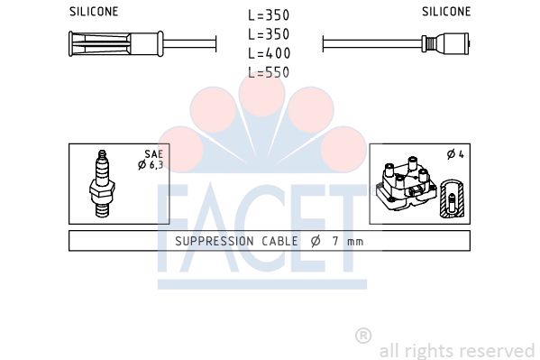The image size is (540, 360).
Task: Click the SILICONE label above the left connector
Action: pyautogui.click(x=94, y=12)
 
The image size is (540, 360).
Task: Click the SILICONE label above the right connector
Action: pyautogui.click(x=446, y=12)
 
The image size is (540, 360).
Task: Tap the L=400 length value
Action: pyautogui.click(x=269, y=53)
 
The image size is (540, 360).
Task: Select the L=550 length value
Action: pyautogui.click(x=269, y=72)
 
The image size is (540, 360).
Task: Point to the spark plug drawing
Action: pyautogui.click(x=102, y=183)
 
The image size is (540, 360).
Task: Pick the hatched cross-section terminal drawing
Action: pyautogui.click(x=453, y=198)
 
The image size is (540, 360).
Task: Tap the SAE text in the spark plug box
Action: pyautogui.click(x=153, y=153)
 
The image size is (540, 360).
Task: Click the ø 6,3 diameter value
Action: pyautogui.click(x=151, y=165)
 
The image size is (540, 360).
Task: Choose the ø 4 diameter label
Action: pyautogui.click(x=455, y=154)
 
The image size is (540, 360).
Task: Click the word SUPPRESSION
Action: pyautogui.click(x=215, y=241)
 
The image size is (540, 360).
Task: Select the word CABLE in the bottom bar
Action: pyautogui.click(x=279, y=241)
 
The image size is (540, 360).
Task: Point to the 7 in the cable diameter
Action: pyautogui.click(x=335, y=241)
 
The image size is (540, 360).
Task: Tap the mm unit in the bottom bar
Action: pyautogui.click(x=355, y=242)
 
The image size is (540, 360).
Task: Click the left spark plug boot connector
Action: pyautogui.click(x=116, y=44)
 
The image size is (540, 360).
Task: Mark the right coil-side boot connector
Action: pyautogui.click(x=445, y=43)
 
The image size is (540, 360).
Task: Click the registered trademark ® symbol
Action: pyautogui.click(x=363, y=336)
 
